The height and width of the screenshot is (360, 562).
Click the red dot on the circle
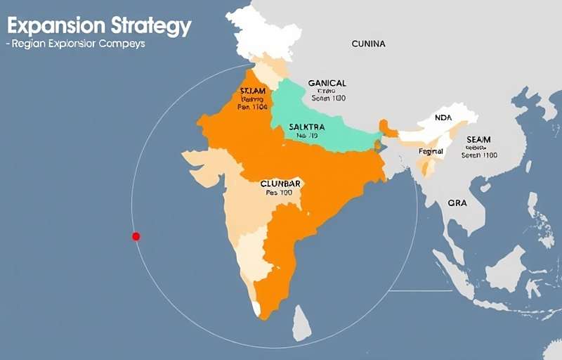136,236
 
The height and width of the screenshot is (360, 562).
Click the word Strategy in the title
151,27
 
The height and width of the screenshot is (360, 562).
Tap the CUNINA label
368,44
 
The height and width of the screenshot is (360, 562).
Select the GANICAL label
327,83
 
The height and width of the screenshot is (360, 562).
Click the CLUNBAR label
280,184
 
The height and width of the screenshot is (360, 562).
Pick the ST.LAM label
254,91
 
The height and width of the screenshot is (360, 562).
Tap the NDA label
443,118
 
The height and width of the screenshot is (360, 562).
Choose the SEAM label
478,140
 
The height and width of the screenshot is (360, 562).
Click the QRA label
457,202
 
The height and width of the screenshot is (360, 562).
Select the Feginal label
430,151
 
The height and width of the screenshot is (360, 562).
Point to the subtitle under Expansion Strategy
74,44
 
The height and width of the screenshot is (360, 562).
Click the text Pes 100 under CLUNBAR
279,193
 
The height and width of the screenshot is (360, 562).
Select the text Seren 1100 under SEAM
479,155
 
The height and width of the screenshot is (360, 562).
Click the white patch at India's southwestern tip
257,308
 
